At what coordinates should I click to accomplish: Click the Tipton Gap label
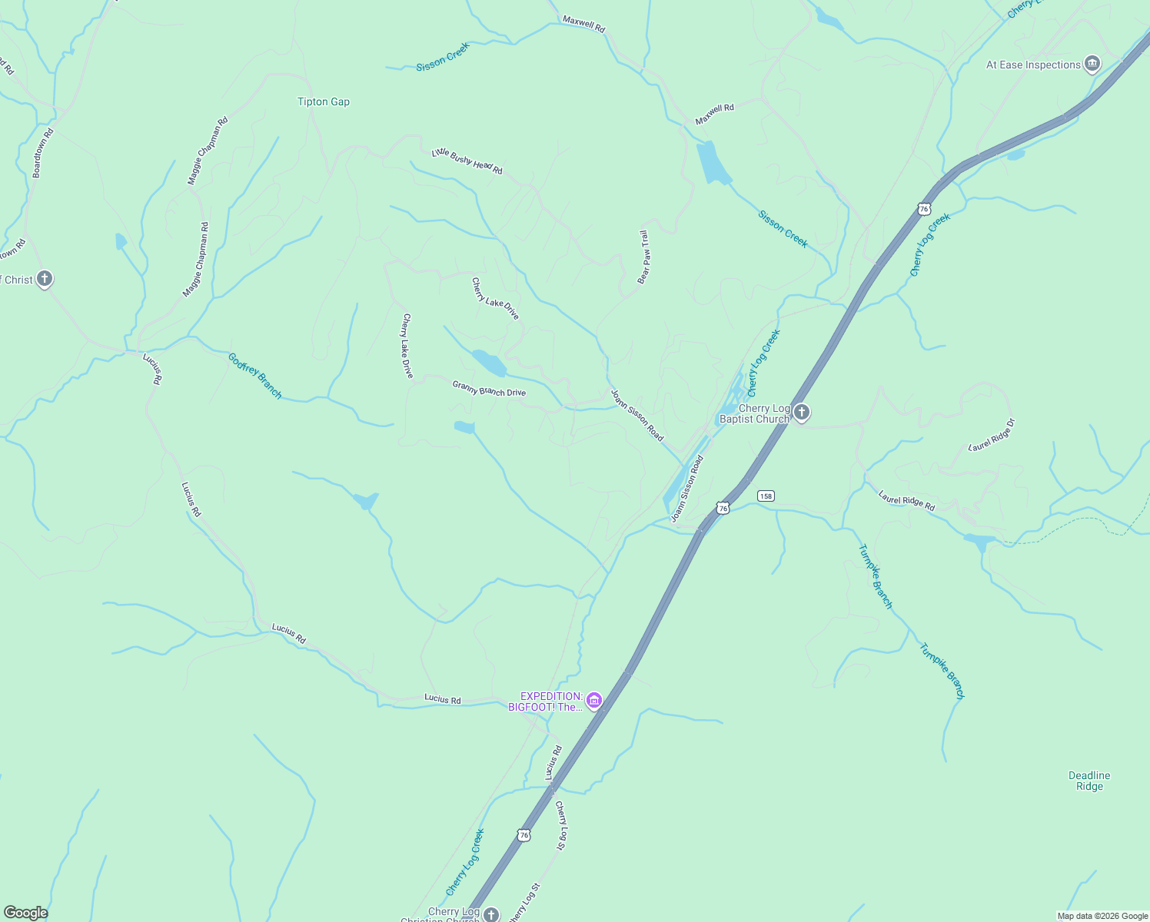(323, 101)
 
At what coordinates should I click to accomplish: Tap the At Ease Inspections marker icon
(1092, 64)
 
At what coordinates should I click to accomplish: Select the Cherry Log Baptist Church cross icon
(801, 413)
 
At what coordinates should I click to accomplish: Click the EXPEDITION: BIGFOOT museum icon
(593, 701)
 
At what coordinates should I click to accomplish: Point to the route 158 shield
(765, 496)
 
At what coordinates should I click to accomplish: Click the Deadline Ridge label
(1089, 781)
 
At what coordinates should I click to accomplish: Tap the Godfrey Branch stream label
(255, 376)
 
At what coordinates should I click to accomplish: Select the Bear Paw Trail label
(643, 257)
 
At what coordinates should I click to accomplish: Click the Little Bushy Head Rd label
(467, 161)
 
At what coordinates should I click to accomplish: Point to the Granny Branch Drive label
(489, 389)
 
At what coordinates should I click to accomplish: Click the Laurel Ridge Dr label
(992, 435)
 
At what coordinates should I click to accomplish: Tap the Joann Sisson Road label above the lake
(636, 415)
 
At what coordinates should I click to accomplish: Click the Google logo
(25, 913)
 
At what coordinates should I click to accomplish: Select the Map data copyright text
(1102, 916)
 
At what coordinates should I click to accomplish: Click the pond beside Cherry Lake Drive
(489, 362)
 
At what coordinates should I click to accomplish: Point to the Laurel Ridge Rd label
(906, 500)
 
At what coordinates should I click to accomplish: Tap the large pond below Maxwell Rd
(713, 163)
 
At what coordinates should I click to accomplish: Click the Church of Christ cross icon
(45, 279)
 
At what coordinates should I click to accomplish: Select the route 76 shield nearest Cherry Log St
(523, 834)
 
